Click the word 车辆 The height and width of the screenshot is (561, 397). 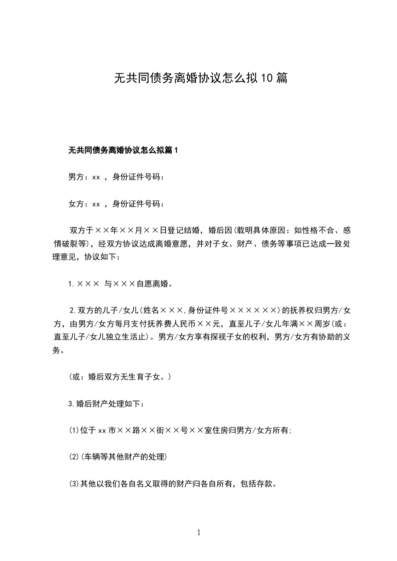point(94,457)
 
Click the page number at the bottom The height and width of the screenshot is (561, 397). point(199,532)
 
